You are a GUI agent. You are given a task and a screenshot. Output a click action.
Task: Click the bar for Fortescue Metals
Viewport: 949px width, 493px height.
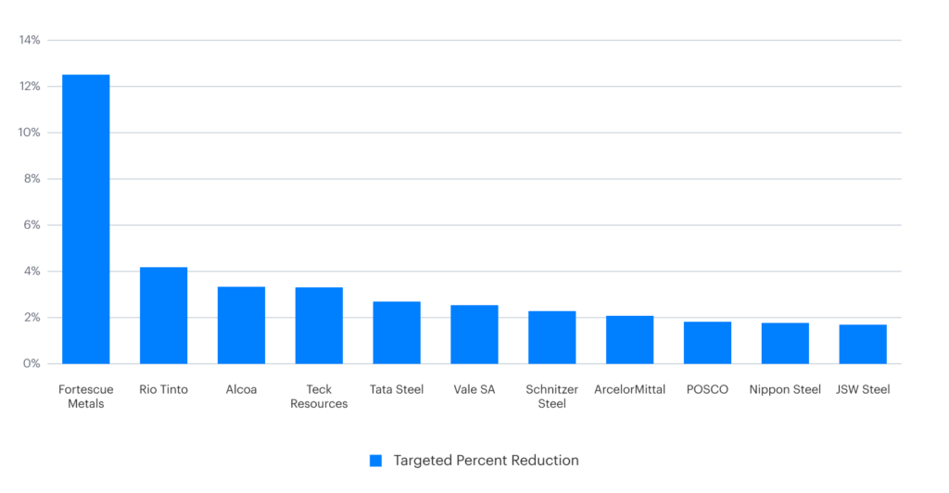(85, 219)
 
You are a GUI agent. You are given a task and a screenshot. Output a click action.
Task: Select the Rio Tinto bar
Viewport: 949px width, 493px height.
(163, 315)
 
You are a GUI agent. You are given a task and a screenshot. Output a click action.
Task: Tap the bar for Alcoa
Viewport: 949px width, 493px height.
(241, 325)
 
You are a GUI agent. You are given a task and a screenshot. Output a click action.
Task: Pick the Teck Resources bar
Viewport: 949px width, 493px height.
(319, 325)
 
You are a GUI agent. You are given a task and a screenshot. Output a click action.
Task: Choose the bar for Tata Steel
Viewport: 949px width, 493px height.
(397, 333)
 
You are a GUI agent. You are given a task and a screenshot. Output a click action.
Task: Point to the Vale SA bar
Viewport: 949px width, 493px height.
(474, 335)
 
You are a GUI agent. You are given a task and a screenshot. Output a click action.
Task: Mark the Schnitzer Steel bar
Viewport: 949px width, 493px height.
(552, 337)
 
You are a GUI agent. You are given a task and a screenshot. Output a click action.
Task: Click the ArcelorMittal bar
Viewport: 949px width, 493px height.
(630, 340)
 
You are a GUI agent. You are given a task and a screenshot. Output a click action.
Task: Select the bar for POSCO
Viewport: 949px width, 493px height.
(707, 343)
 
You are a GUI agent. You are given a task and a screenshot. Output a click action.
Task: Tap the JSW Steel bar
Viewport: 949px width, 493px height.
(863, 344)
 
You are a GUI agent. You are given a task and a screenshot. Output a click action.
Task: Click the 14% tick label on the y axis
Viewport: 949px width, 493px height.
(30, 40)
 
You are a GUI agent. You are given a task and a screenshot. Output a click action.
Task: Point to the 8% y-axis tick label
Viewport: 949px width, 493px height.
(32, 179)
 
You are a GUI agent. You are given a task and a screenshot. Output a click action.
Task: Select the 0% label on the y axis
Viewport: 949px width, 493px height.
(32, 364)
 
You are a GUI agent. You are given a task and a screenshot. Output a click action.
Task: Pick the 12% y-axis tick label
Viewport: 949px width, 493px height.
(30, 86)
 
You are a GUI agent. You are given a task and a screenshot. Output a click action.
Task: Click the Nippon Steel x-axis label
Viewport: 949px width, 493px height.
(785, 389)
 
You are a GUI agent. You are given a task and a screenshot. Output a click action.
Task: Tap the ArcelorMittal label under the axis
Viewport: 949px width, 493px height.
(630, 389)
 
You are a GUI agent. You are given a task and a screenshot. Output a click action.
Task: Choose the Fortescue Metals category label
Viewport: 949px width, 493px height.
(85, 397)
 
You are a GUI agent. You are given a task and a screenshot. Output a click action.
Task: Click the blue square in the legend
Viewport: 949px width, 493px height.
(375, 461)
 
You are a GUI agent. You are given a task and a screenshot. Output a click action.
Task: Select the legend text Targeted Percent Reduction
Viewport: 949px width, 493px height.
(486, 461)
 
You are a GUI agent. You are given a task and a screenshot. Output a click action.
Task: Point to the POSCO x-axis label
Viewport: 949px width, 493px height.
(707, 389)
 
